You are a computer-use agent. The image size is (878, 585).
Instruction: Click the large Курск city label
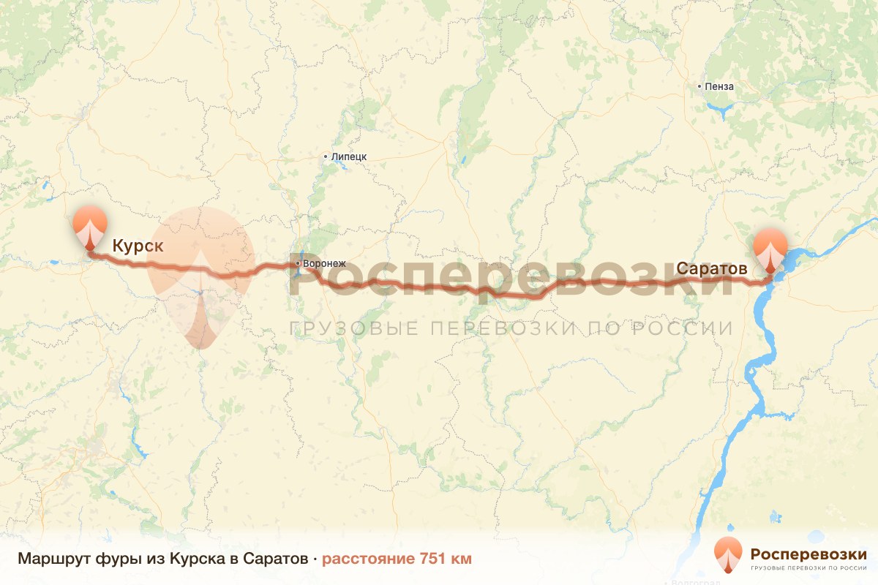click(x=138, y=246)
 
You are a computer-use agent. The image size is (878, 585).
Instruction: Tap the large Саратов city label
click(x=711, y=268)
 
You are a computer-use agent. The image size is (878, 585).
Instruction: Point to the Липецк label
click(x=348, y=156)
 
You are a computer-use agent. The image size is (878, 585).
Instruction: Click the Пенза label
click(x=719, y=86)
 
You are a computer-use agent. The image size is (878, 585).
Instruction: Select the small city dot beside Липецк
click(x=326, y=156)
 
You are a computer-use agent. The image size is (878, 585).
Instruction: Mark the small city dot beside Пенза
click(x=700, y=86)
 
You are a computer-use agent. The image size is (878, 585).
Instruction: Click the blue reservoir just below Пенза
click(x=721, y=111)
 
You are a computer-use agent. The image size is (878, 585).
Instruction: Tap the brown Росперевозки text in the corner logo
click(x=808, y=553)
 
